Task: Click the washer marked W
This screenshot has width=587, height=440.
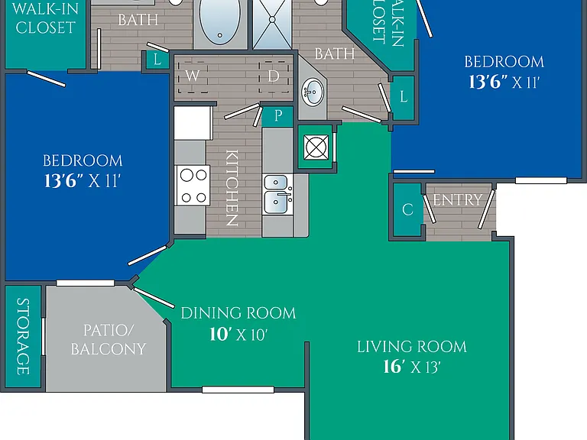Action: pos(193,76)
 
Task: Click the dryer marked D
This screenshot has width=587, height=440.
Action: pos(274,76)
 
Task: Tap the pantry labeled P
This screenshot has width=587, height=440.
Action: pos(277,116)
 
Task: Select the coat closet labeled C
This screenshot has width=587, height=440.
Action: pos(407,209)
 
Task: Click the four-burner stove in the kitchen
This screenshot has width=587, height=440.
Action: pos(193,185)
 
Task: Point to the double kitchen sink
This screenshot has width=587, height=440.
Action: pos(277,194)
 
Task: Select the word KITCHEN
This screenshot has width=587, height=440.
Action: pos(232,188)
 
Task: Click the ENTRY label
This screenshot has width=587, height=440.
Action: pos(458,200)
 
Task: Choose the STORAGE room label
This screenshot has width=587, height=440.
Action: pos(23,336)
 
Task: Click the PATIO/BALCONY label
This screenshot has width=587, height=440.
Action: pos(109,340)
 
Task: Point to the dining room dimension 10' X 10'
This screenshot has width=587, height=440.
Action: pos(238,334)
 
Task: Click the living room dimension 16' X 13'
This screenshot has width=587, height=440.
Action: pos(412,367)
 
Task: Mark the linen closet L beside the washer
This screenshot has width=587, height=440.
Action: pos(157,60)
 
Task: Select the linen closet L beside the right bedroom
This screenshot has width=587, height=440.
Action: pos(404,97)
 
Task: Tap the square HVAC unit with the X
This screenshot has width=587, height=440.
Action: pos(316,147)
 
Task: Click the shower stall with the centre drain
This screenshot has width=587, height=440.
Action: pos(272,23)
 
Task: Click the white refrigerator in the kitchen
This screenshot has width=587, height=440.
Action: pos(193,123)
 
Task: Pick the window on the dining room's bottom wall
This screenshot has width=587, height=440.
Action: pos(238,390)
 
